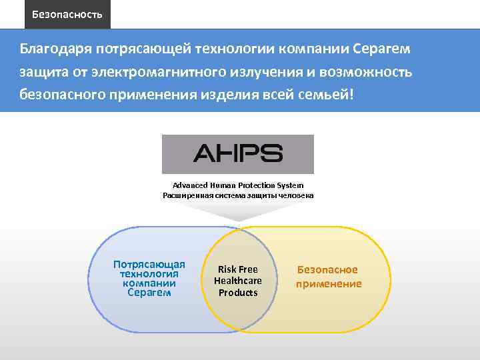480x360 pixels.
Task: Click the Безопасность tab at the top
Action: point(67,14)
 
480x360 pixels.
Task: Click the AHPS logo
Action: point(238,154)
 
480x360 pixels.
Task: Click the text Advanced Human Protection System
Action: point(238,185)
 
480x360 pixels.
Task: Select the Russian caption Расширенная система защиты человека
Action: point(238,195)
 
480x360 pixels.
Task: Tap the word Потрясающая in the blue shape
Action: point(149,264)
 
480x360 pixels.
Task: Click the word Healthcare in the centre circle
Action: point(238,281)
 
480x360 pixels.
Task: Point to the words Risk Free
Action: point(238,269)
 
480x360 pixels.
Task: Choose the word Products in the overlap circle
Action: point(238,293)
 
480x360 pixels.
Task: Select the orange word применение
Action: point(329,283)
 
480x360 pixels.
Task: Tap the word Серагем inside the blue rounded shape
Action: point(149,293)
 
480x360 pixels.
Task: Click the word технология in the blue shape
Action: point(149,273)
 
